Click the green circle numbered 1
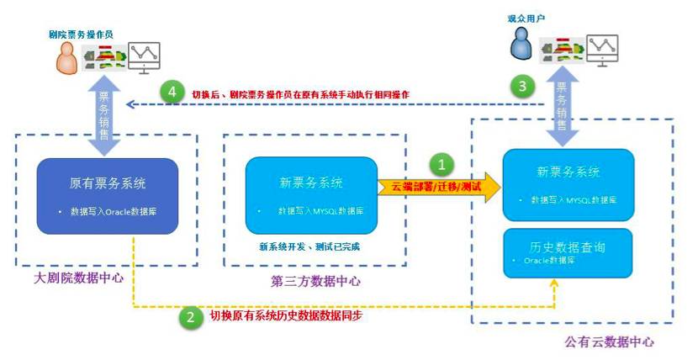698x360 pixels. pos(442,163)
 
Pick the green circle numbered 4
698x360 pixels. pos(173,93)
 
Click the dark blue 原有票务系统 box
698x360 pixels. pos(108,194)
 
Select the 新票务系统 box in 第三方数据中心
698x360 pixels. pos(311,194)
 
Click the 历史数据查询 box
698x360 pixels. pos(568,253)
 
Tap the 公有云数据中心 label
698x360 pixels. pos(608,342)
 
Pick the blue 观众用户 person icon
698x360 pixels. pos(523,45)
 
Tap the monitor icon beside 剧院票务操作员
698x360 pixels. pos(144,59)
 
